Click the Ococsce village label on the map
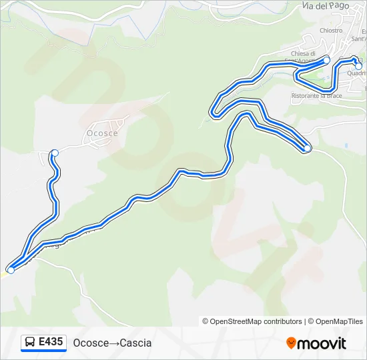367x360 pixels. (102, 133)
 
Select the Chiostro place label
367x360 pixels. (331, 30)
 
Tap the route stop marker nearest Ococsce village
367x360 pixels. (55, 153)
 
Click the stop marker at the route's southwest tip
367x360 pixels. (11, 270)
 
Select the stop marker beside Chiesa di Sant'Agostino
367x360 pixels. (326, 60)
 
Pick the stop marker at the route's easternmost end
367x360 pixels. (358, 66)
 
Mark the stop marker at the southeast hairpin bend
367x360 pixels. (307, 149)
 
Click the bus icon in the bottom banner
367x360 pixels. (30, 343)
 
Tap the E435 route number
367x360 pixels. (51, 343)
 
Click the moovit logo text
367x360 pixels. (322, 343)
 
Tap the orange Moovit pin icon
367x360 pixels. (291, 343)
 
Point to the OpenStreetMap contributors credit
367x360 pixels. (252, 321)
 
